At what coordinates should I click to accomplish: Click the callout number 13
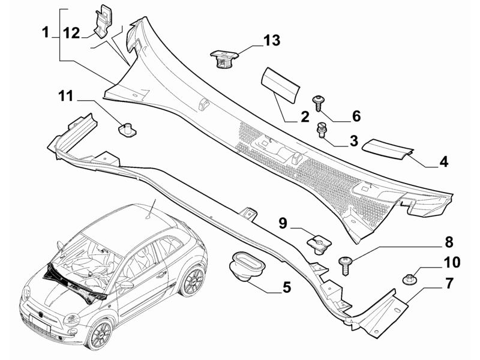click(x=272, y=40)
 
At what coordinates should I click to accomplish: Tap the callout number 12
click(x=72, y=33)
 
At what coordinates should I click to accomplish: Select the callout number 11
click(x=66, y=96)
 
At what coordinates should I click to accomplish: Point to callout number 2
click(x=305, y=116)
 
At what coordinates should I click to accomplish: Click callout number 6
click(x=356, y=116)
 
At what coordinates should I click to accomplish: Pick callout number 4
click(x=443, y=161)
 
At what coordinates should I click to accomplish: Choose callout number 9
click(x=283, y=223)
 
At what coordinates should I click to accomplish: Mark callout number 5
click(x=287, y=287)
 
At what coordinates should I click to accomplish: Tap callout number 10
click(x=452, y=262)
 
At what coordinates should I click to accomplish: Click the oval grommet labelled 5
click(x=247, y=265)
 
